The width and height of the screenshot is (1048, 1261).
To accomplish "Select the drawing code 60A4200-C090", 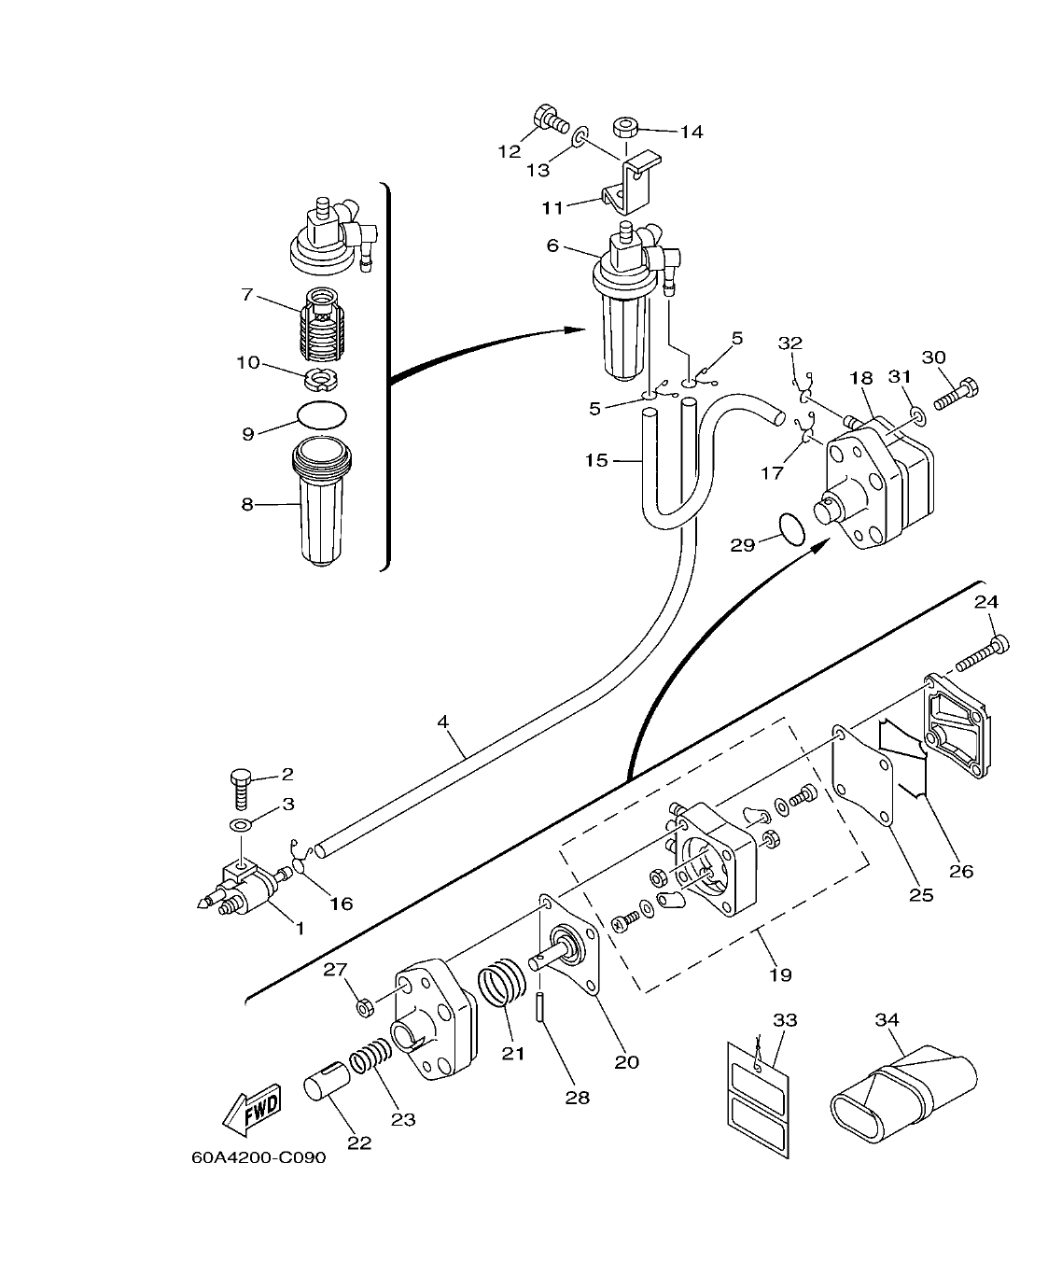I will pyautogui.click(x=259, y=1158).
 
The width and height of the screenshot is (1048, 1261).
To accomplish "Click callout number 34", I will pyautogui.click(x=887, y=1020).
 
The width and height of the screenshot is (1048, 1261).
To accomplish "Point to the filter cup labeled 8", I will pyautogui.click(x=320, y=504).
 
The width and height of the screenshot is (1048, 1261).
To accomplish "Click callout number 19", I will pyautogui.click(x=780, y=974).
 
